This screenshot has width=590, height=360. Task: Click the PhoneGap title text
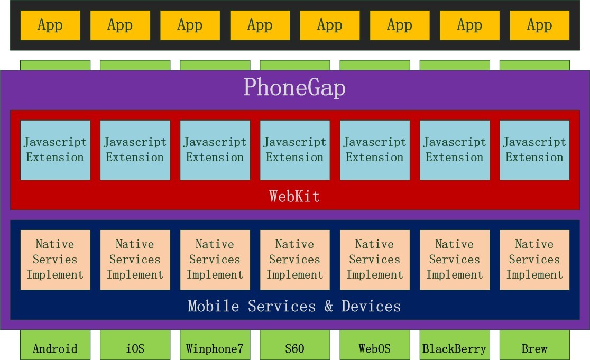[x=294, y=88]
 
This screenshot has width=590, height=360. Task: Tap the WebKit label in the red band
[x=294, y=196]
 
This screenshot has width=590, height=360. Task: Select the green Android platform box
[x=56, y=345]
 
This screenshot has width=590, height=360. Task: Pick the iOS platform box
[x=135, y=345]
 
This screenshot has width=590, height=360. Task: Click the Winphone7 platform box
[x=215, y=345]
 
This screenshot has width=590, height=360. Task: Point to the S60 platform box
[x=294, y=345]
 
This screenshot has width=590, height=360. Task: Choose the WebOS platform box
[x=375, y=345]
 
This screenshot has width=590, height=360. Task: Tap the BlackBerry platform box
[x=455, y=345]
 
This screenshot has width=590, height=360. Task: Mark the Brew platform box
[x=534, y=345]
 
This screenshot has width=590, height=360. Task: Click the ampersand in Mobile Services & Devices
[x=329, y=306]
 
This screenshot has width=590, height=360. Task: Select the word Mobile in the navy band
[x=214, y=306]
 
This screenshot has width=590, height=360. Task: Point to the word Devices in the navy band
[x=371, y=306]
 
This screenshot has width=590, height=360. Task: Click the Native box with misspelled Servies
[x=56, y=260]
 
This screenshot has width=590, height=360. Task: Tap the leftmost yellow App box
[x=50, y=25]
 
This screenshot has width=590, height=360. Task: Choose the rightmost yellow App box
[x=540, y=25]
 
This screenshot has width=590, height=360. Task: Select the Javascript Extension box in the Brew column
[x=534, y=150]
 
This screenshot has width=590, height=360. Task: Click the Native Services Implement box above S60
[x=294, y=260]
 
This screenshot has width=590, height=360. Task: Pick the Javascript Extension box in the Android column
[x=56, y=150]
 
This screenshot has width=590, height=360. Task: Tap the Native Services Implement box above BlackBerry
[x=455, y=260]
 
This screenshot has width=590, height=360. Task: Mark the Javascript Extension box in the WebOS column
[x=375, y=150]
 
